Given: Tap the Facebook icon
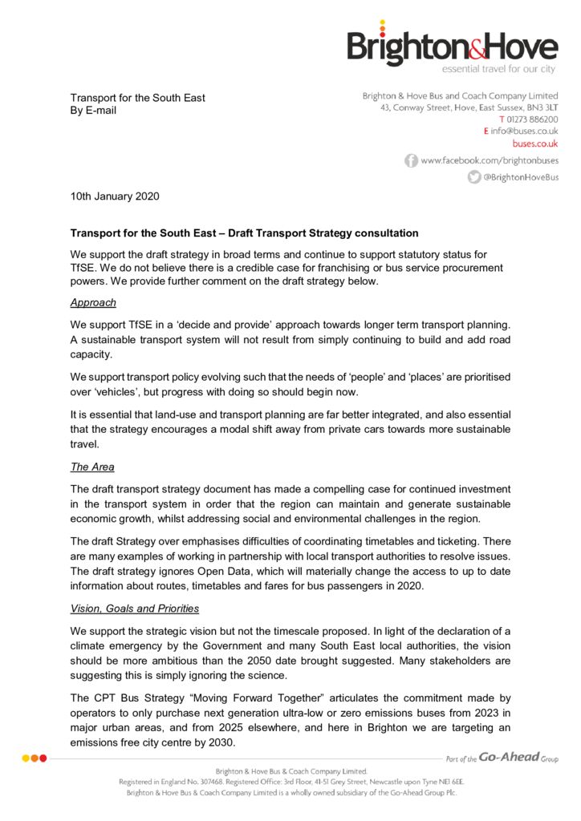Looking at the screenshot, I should click(411, 160).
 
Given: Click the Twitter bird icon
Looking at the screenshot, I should click(474, 177).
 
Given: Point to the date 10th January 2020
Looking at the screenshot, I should click(115, 196).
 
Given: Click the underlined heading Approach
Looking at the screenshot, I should click(93, 303).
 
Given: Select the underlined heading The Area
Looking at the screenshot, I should click(93, 467).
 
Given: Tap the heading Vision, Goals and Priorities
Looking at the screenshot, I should click(135, 609).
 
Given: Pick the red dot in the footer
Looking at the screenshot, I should click(43, 758).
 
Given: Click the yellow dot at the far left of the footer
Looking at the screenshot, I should click(26, 758).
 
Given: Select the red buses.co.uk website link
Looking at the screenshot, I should click(535, 144).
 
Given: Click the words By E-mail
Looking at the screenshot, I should click(93, 111).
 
